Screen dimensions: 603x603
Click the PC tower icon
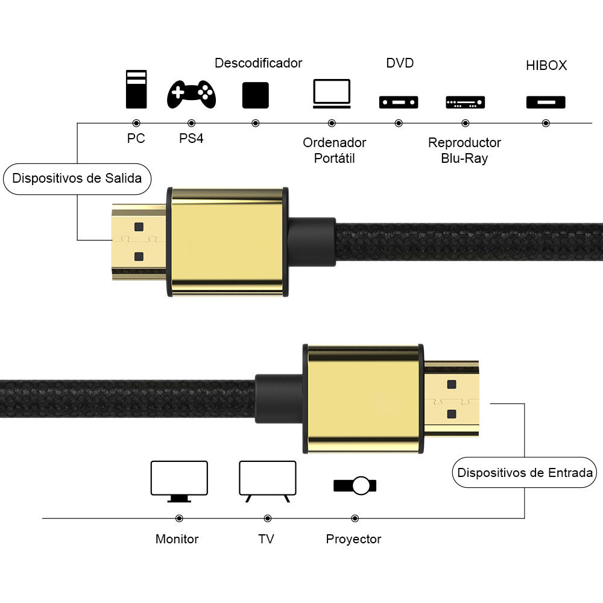pyautogui.click(x=136, y=89)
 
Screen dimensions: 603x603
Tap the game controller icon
pyautogui.click(x=191, y=94)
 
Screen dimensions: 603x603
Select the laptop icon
pyautogui.click(x=332, y=94)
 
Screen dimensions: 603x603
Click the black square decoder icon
pyautogui.click(x=255, y=95)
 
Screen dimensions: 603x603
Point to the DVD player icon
pyautogui.click(x=399, y=103)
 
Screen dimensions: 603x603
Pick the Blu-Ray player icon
pyautogui.click(x=466, y=103)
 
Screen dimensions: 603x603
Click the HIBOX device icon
pyautogui.click(x=546, y=103)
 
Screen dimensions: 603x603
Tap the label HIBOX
pyautogui.click(x=546, y=65)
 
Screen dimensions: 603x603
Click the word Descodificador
pyautogui.click(x=259, y=63)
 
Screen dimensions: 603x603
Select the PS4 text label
pyautogui.click(x=191, y=138)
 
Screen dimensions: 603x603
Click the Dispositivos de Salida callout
pyautogui.click(x=77, y=179)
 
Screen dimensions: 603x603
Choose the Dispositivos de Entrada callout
pyautogui.click(x=525, y=472)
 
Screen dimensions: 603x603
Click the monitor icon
pyautogui.click(x=179, y=481)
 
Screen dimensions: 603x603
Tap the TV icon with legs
pyautogui.click(x=268, y=481)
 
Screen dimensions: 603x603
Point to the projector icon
pyautogui.click(x=355, y=485)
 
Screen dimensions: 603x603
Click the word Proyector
pyautogui.click(x=353, y=539)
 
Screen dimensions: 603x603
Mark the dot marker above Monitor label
pyautogui.click(x=179, y=519)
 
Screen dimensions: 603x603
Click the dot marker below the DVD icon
pyautogui.click(x=399, y=123)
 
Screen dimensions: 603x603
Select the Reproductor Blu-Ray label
pyautogui.click(x=464, y=150)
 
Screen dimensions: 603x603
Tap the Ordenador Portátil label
pyautogui.click(x=334, y=150)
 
